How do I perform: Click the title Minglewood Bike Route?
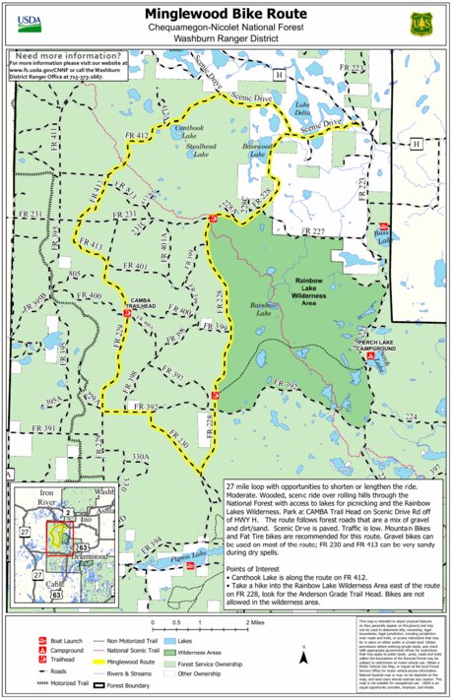tap(226, 15)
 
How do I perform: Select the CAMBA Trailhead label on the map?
tap(139, 304)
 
